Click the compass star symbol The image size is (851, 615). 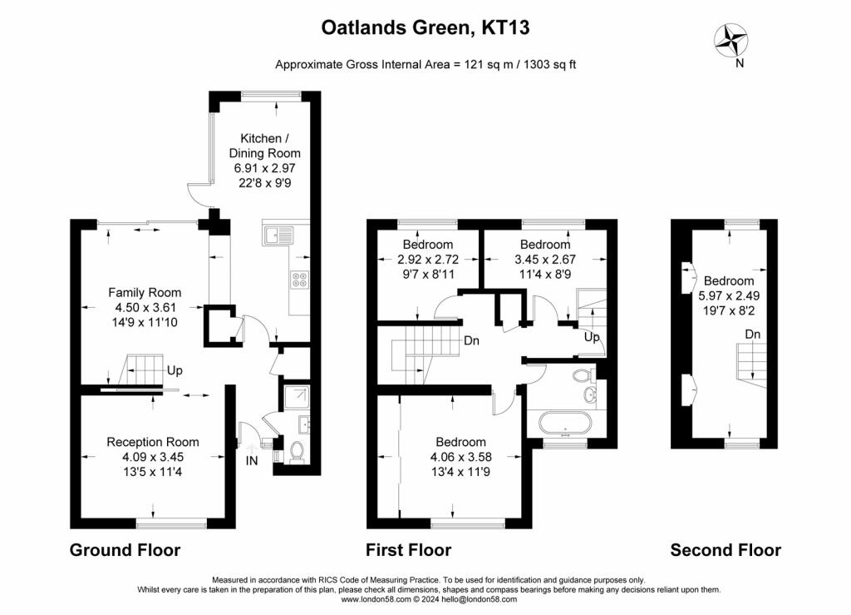pyautogui.click(x=730, y=40)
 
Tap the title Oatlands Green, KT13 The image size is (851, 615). pyautogui.click(x=425, y=27)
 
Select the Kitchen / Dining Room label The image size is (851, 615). pyautogui.click(x=264, y=146)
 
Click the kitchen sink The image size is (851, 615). pyautogui.click(x=278, y=236)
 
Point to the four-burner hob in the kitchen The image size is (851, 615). pyautogui.click(x=300, y=280)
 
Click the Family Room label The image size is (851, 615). pyautogui.click(x=145, y=292)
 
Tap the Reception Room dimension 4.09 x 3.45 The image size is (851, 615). pyautogui.click(x=153, y=457)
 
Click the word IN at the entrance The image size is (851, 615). pyautogui.click(x=252, y=461)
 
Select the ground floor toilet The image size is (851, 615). pyautogui.click(x=297, y=452)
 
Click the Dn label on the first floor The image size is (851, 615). pyautogui.click(x=471, y=340)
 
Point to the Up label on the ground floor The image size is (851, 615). pyautogui.click(x=175, y=370)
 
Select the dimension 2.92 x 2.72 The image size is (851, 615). pyautogui.click(x=428, y=259)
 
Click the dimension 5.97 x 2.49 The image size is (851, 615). pyautogui.click(x=729, y=295)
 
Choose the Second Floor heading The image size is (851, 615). pyautogui.click(x=726, y=550)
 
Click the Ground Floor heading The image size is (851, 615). pyautogui.click(x=125, y=550)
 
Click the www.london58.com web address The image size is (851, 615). pyautogui.click(x=376, y=599)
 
